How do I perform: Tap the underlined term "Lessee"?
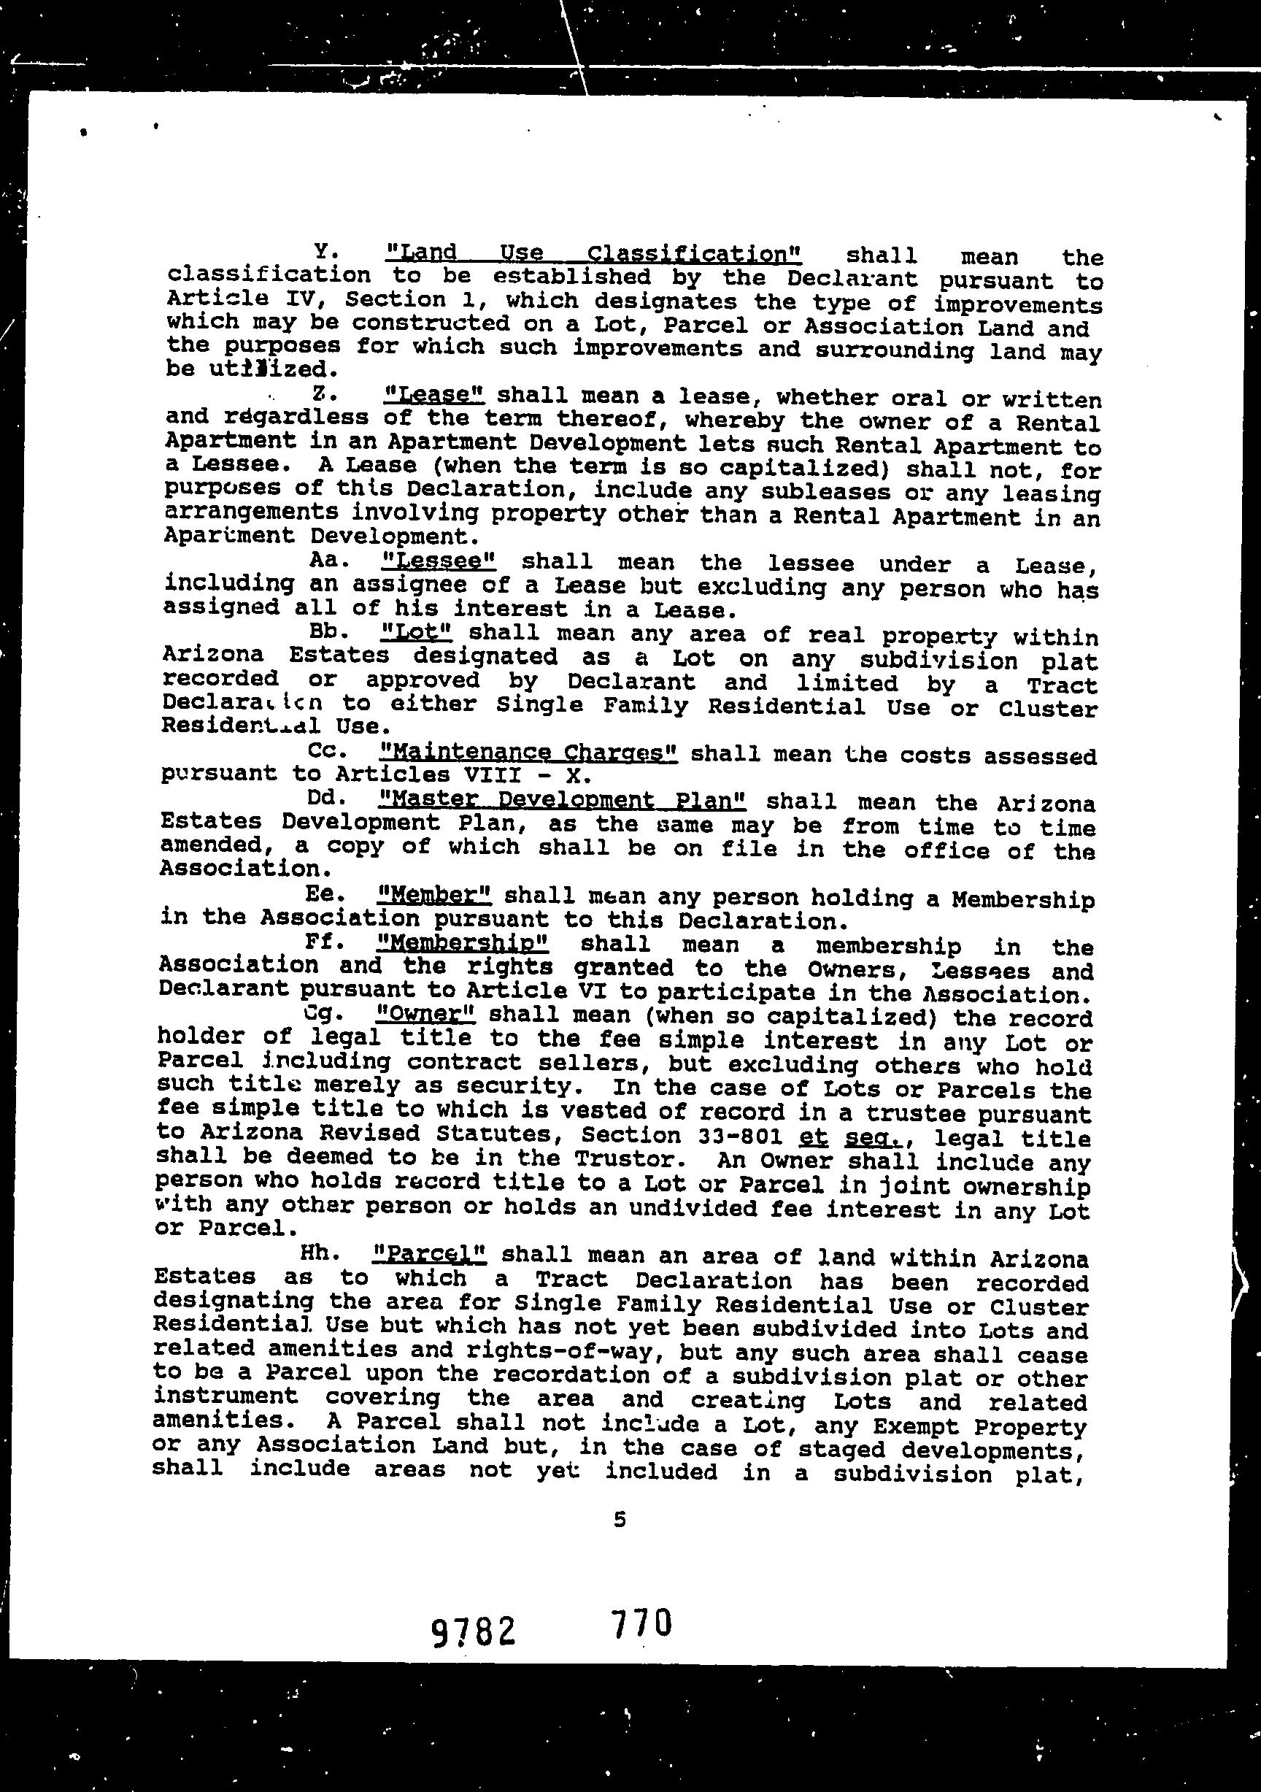(x=440, y=561)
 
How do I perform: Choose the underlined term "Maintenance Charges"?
(x=528, y=753)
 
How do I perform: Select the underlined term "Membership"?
(x=462, y=942)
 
